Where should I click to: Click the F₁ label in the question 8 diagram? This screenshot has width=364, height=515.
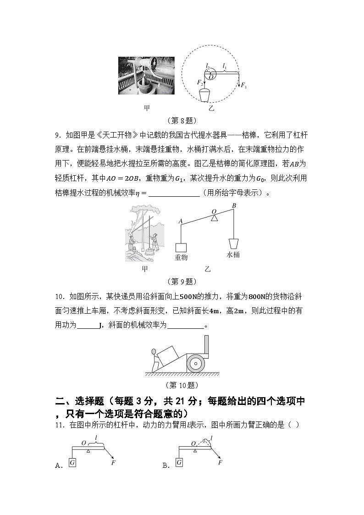pyautogui.click(x=243, y=86)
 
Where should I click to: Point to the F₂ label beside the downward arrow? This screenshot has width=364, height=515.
pyautogui.click(x=200, y=83)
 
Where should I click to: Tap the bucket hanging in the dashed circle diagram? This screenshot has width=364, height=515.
pyautogui.click(x=205, y=96)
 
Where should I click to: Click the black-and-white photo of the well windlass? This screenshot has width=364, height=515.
pyautogui.click(x=146, y=76)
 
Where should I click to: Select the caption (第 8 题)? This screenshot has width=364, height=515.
pyautogui.click(x=182, y=121)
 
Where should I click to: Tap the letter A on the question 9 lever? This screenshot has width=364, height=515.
pyautogui.click(x=181, y=221)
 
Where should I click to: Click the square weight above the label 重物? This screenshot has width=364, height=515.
pyautogui.click(x=181, y=247)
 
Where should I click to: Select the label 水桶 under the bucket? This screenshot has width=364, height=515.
pyautogui.click(x=233, y=255)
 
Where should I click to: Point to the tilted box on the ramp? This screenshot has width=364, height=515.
pyautogui.click(x=171, y=354)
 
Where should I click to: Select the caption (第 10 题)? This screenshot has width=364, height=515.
pyautogui.click(x=182, y=385)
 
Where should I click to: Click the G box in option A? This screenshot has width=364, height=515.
pyautogui.click(x=72, y=463)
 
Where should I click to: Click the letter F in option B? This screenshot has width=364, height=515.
pyautogui.click(x=221, y=462)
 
